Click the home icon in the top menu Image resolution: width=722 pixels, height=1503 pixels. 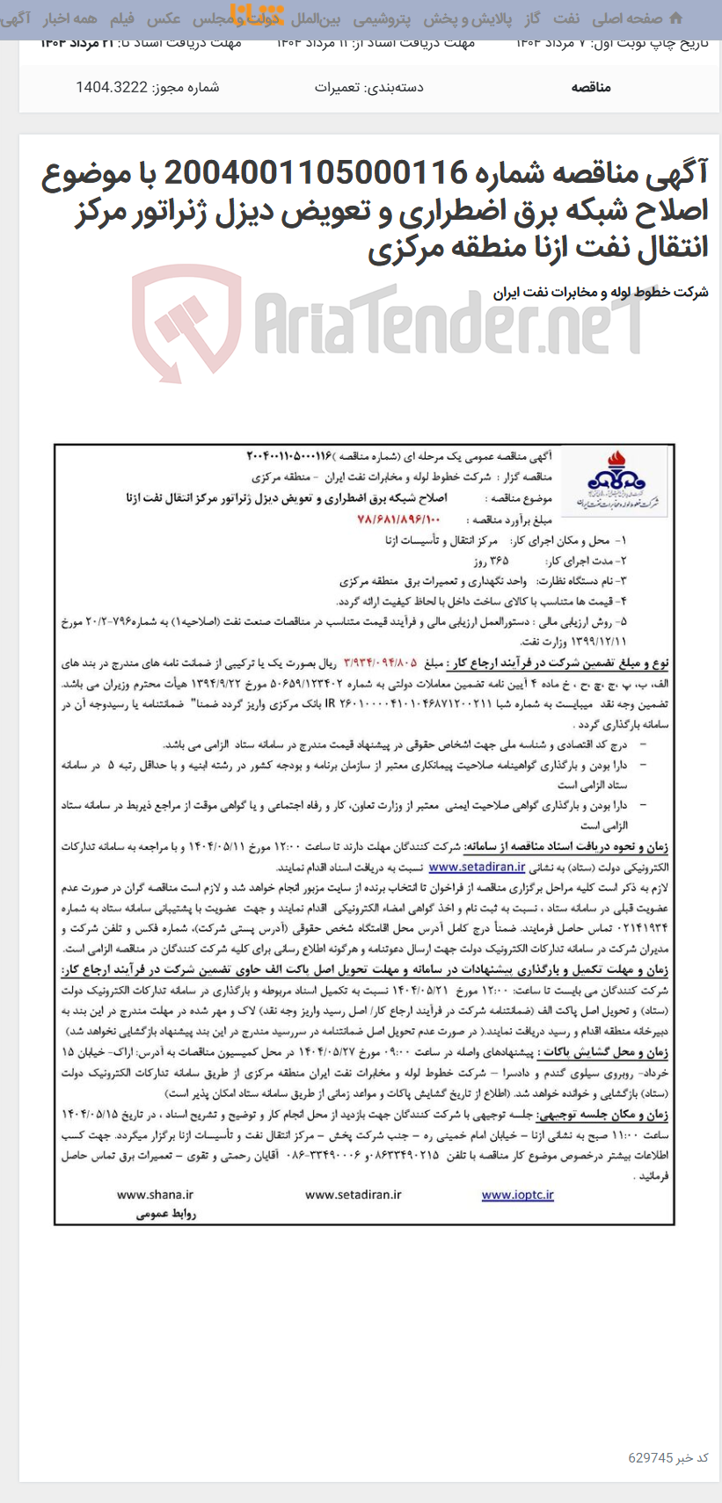click(x=675, y=18)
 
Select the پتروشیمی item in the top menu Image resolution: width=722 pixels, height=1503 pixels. click(x=383, y=18)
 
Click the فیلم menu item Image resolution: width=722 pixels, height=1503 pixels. click(x=121, y=18)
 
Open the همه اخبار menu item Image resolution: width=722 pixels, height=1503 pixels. click(x=71, y=18)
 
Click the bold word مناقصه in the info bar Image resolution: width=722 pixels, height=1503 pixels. click(x=590, y=87)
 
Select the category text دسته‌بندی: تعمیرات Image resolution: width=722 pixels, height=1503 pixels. click(x=369, y=87)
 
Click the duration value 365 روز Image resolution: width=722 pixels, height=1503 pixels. click(x=492, y=561)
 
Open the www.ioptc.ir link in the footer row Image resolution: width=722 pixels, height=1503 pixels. click(x=517, y=1194)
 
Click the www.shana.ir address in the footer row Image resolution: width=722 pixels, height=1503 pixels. click(x=155, y=1194)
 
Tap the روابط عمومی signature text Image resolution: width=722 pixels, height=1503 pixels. click(x=166, y=1214)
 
